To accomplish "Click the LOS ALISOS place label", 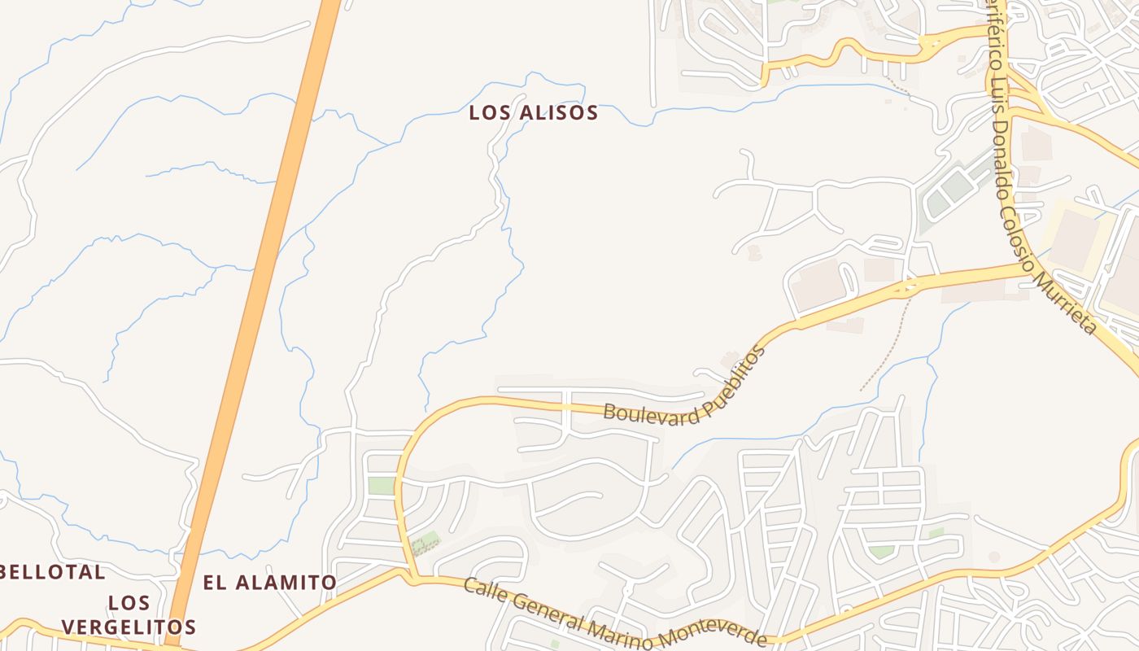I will pos(533,113).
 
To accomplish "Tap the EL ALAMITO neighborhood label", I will pos(269,583).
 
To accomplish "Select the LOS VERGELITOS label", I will pos(129,614).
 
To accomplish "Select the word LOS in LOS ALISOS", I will pos(488,113).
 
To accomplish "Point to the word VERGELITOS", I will pos(129,627).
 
